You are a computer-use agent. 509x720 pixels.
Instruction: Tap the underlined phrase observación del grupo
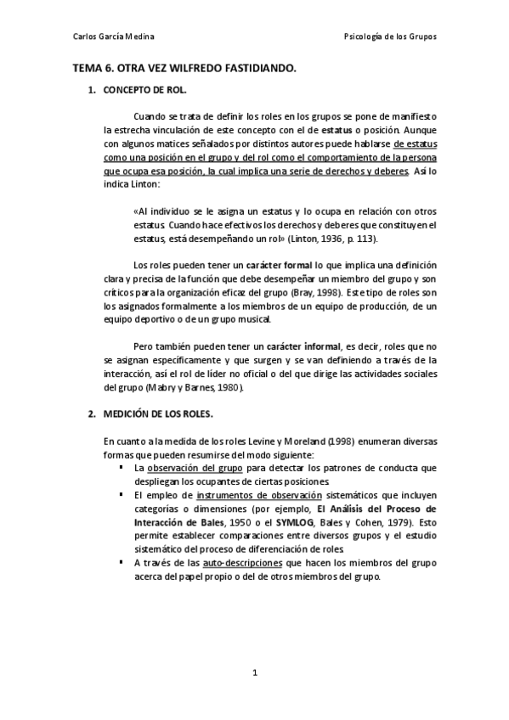(195, 468)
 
